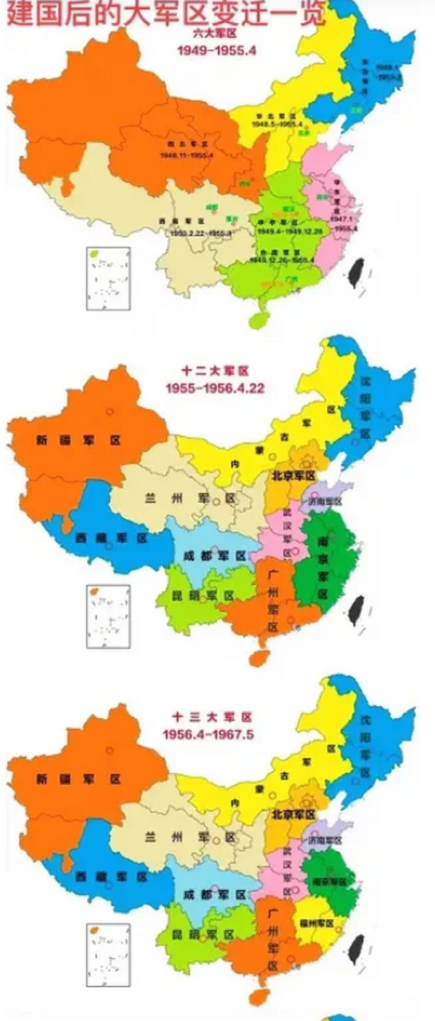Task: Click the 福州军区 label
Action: click(317, 923)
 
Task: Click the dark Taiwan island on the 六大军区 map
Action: click(352, 274)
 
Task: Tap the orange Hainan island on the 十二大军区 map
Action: click(257, 656)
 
